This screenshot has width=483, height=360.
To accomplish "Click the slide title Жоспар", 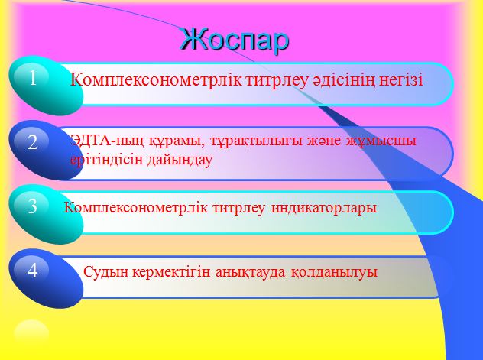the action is pyautogui.click(x=235, y=40).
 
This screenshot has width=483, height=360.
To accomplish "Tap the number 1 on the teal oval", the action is pyautogui.click(x=33, y=79).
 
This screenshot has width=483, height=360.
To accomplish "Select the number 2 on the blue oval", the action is pyautogui.click(x=32, y=142).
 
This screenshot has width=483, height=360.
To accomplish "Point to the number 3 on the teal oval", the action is pyautogui.click(x=33, y=206).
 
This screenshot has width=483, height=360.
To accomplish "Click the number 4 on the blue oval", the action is pyautogui.click(x=33, y=271).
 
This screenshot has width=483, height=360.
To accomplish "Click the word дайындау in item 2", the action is pyautogui.click(x=180, y=161).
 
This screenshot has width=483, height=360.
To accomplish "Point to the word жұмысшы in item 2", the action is pyautogui.click(x=381, y=141).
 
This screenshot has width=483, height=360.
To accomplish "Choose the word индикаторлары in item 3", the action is pyautogui.click(x=324, y=208).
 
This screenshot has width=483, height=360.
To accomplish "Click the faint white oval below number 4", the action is pyautogui.click(x=31, y=334).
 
